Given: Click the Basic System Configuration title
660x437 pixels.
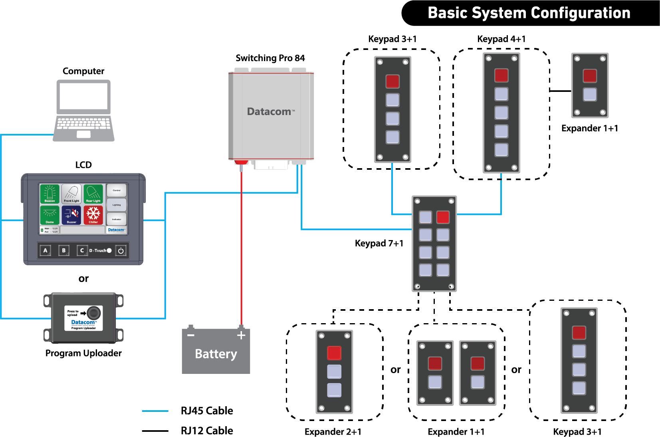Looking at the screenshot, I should [529, 13].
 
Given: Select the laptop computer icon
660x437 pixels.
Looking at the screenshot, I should [83, 110].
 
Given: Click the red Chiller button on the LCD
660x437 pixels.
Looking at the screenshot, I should [93, 215].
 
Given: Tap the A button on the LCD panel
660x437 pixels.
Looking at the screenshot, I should [46, 250].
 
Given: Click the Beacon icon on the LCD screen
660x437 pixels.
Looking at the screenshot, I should [50, 194].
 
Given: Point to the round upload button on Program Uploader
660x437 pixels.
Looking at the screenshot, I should [94, 312].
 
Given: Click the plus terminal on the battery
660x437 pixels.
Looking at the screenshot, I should [241, 335].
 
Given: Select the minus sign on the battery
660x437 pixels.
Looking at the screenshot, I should [191, 335].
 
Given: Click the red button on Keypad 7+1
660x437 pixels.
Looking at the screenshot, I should [443, 217].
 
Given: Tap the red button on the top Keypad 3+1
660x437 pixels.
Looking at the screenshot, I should [392, 81].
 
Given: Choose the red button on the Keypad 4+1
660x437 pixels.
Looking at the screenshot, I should [501, 75].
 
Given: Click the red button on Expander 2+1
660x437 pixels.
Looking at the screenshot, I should [334, 353].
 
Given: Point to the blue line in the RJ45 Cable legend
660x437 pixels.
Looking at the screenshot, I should [155, 411].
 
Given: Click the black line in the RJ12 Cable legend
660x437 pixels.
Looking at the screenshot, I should [155, 431].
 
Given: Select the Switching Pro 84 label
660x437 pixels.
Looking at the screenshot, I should [270, 58].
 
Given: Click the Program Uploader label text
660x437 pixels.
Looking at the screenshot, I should [83, 353].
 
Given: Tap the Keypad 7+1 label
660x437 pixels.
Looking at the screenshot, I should [379, 243].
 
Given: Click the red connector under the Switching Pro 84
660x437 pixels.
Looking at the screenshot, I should [241, 163].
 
